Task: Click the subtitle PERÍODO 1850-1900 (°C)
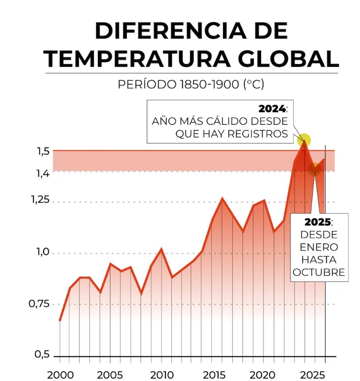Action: (x=191, y=84)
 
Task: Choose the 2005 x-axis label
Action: (x=110, y=375)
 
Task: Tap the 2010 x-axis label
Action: (x=162, y=375)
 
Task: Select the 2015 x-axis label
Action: (x=213, y=375)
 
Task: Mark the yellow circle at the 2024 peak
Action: (x=304, y=140)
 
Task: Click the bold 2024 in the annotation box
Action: (x=273, y=109)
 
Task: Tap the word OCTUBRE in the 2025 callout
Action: (x=319, y=272)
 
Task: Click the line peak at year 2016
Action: (x=222, y=199)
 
